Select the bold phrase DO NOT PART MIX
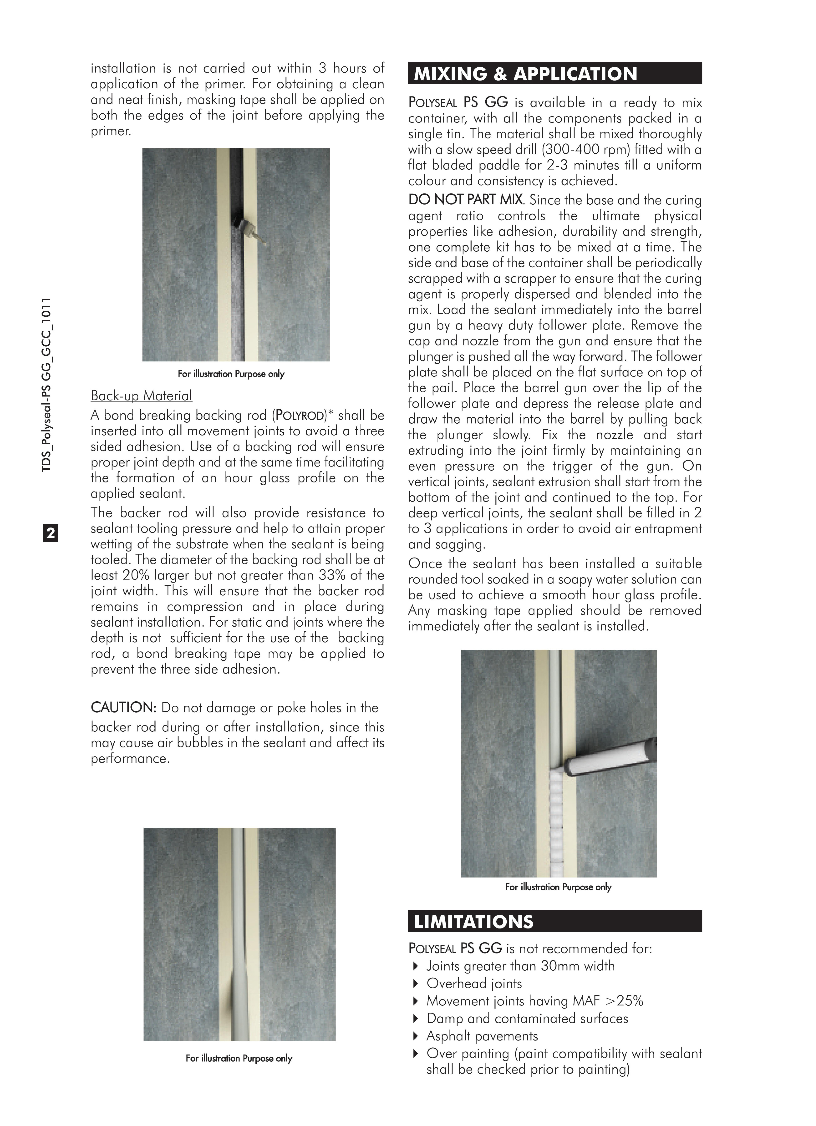[466, 200]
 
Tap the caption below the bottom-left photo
[239, 1058]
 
